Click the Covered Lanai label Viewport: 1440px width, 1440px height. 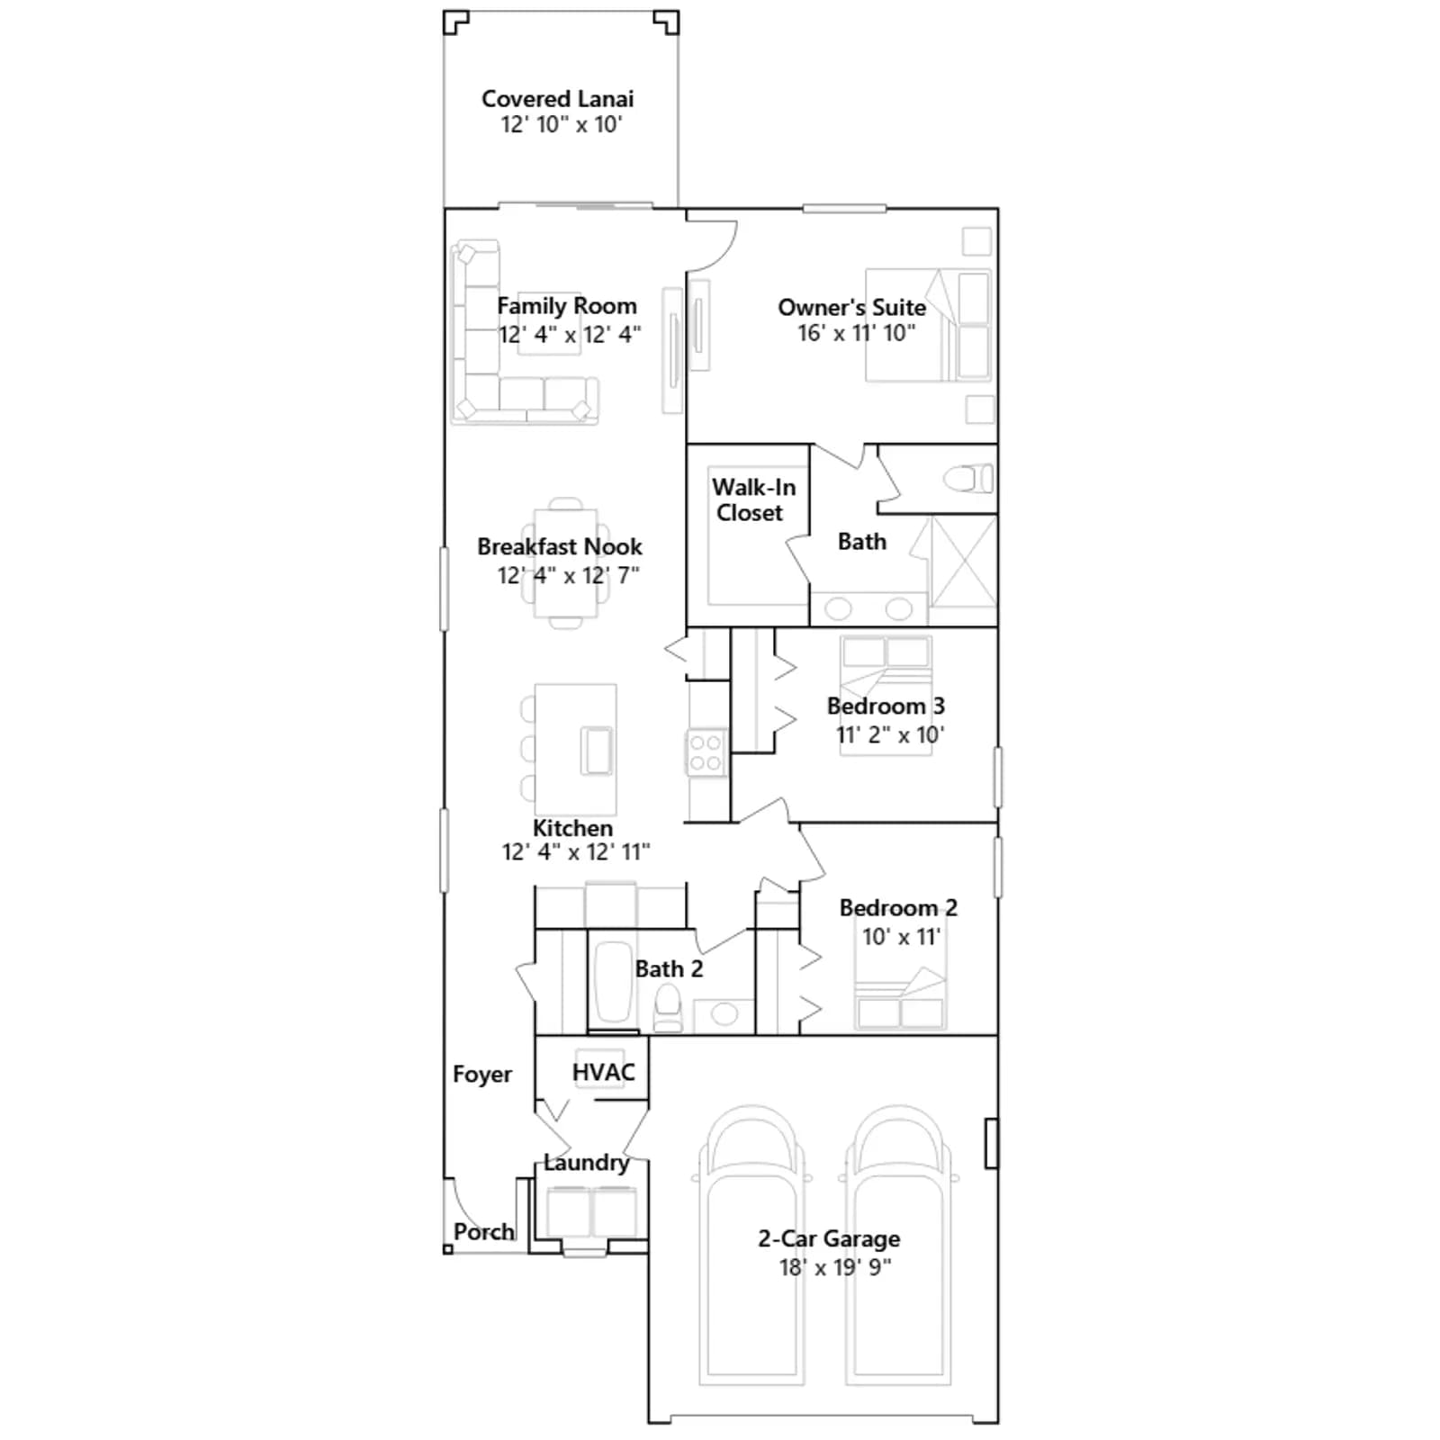557,99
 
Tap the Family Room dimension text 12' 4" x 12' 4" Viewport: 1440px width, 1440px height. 570,335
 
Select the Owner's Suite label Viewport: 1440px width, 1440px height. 851,308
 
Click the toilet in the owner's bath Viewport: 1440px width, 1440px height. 968,479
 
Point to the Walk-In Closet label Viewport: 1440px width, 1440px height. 753,499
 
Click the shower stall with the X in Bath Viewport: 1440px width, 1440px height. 963,562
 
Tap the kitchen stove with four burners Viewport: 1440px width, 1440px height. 706,753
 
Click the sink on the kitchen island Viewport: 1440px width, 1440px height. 596,751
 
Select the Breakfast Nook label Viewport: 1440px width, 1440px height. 559,547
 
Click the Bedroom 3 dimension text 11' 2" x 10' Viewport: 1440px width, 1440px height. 889,735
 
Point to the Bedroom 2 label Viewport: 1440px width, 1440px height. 898,908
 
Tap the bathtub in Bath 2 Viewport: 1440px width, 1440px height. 613,982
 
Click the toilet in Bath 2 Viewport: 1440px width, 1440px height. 668,1009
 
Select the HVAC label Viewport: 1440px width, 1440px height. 603,1072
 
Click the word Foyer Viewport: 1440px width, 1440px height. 481,1075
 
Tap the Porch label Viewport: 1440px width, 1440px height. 484,1232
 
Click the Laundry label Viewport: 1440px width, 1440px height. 586,1163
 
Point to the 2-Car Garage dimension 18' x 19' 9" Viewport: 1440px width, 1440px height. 834,1267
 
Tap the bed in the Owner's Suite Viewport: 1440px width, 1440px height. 928,325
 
